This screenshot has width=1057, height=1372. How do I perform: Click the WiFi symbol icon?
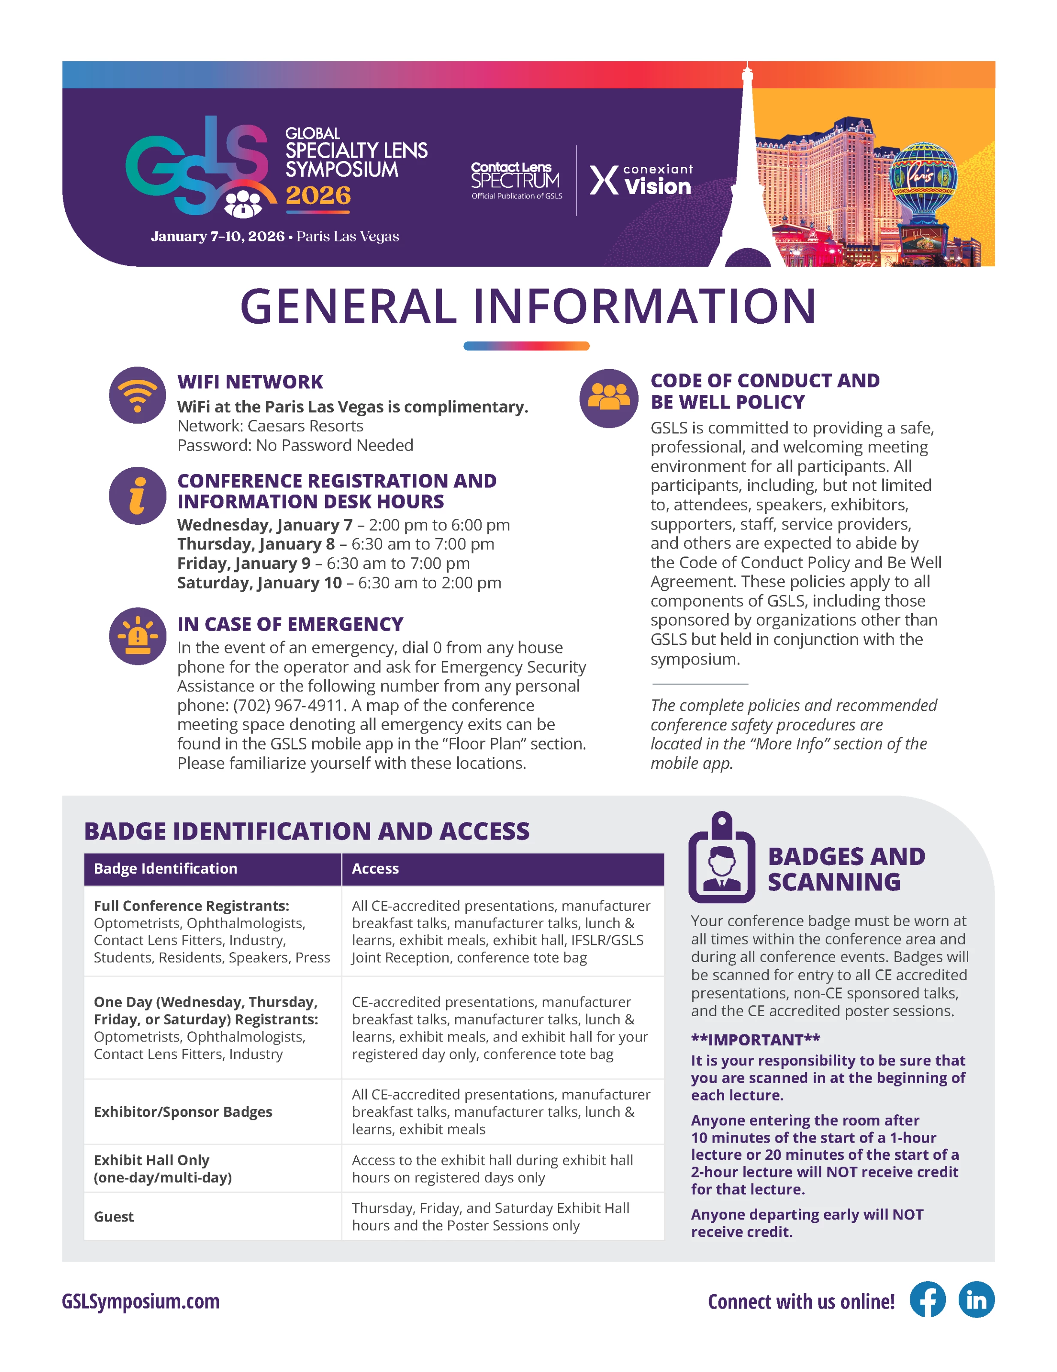(x=137, y=395)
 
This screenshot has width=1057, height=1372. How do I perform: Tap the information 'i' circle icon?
(x=137, y=496)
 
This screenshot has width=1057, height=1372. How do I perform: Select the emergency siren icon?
(x=137, y=636)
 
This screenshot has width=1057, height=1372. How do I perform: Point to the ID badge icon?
(x=722, y=857)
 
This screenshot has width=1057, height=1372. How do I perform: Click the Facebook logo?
(x=927, y=1299)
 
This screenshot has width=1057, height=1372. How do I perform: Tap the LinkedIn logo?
(x=976, y=1299)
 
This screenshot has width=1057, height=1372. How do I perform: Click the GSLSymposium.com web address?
(x=141, y=1300)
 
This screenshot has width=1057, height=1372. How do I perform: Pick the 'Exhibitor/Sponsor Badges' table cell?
(x=183, y=1112)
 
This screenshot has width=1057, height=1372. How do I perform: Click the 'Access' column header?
(x=375, y=869)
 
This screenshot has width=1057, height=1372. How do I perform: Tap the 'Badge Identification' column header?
(x=165, y=869)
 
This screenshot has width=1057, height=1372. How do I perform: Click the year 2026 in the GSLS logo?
(x=318, y=196)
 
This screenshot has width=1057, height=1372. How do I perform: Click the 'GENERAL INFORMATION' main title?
(x=528, y=307)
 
